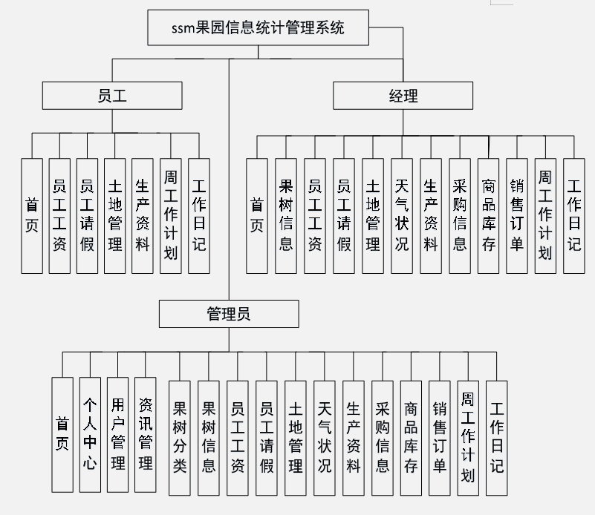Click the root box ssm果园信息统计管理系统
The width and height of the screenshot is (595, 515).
point(259,28)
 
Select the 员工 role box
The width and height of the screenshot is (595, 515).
point(112,96)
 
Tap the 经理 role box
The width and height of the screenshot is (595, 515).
point(403,96)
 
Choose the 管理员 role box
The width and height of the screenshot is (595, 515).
point(229,314)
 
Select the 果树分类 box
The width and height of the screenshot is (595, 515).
point(180,438)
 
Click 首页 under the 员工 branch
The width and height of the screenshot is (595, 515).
point(32,215)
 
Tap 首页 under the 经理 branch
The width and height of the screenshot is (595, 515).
point(257,215)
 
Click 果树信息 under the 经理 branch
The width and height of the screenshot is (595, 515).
point(286,215)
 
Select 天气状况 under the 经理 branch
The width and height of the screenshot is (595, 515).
point(402,215)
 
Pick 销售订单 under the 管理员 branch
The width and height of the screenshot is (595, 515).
point(440,438)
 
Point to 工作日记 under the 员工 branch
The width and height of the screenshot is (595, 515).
point(199,215)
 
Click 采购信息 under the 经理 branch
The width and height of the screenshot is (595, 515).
point(460,215)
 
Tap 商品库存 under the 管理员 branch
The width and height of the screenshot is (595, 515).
point(411,438)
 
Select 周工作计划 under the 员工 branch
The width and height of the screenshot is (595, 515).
point(171,215)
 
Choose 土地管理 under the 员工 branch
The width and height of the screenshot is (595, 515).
point(115,215)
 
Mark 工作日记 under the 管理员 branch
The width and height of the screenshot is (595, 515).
point(496,438)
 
